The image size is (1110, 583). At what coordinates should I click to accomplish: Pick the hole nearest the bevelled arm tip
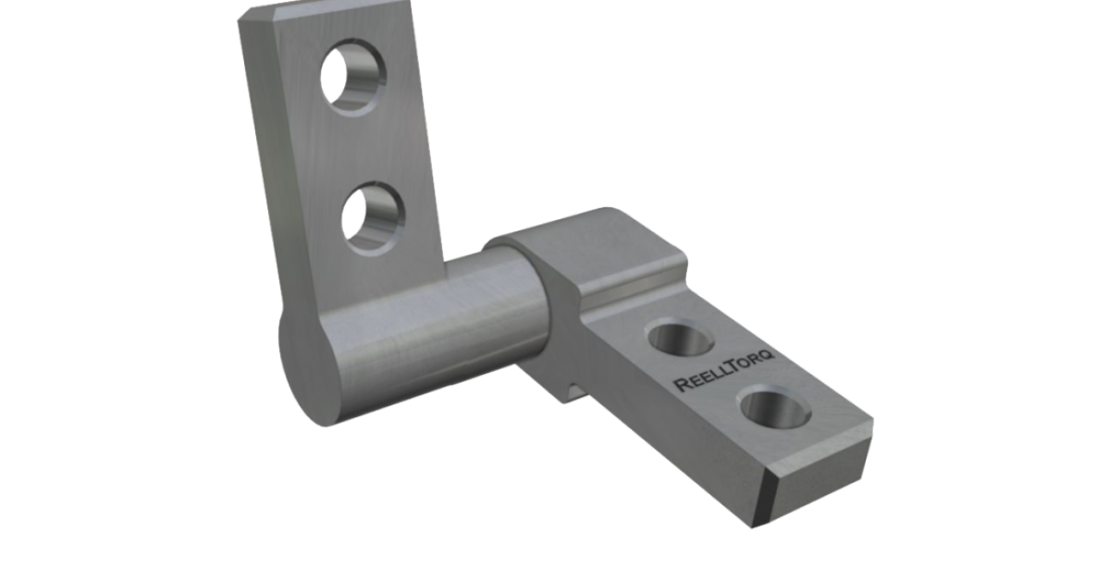click(775, 408)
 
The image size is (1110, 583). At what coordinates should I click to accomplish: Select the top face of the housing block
click(592, 241)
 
